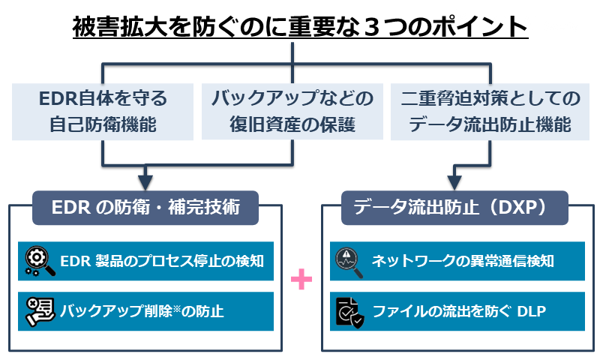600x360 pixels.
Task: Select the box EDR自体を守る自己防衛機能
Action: coord(103,111)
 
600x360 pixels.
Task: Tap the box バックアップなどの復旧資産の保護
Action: coord(292,111)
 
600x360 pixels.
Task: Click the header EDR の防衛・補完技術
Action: coord(146,207)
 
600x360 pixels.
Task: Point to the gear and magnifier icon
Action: coord(39,261)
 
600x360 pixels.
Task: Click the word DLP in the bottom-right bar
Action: coord(531,310)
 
